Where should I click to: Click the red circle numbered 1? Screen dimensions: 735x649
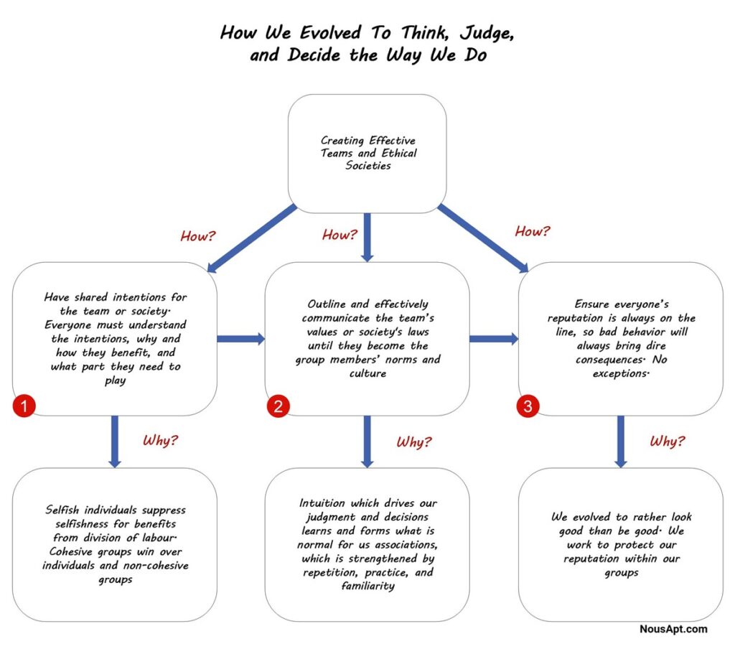click(24, 406)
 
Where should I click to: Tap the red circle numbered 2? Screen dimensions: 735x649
click(278, 406)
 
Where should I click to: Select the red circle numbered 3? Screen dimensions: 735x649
click(528, 406)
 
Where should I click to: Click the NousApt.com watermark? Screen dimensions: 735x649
click(673, 629)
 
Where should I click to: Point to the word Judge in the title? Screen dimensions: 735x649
click(486, 34)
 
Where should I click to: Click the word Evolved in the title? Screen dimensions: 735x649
click(330, 33)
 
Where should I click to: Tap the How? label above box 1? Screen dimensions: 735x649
click(198, 235)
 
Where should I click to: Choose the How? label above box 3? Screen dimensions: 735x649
click(533, 230)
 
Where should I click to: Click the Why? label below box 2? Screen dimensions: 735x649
click(414, 442)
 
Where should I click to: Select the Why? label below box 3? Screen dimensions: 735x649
click(667, 441)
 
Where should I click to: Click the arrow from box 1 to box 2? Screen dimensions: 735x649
click(241, 339)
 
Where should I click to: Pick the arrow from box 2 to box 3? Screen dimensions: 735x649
click(494, 339)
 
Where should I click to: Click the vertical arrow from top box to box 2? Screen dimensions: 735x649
click(367, 238)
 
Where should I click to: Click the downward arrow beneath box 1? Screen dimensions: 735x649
click(115, 442)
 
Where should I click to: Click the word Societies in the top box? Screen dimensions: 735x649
click(368, 166)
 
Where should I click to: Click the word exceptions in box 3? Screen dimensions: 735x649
click(620, 374)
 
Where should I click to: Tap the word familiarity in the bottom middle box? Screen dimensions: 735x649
click(368, 586)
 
